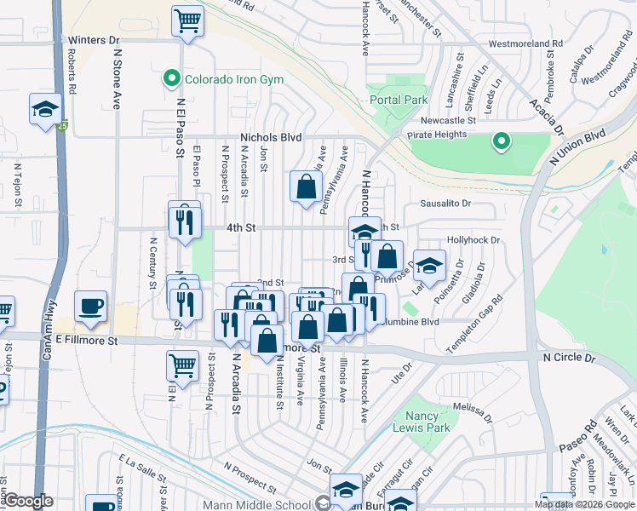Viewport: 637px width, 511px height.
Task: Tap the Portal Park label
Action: [399, 100]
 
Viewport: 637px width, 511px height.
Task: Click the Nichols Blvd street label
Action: [272, 136]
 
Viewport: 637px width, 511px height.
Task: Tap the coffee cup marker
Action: [90, 306]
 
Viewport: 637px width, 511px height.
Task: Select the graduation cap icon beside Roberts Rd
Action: [45, 108]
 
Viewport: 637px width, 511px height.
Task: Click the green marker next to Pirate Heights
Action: [502, 141]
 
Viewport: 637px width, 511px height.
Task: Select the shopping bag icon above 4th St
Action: [306, 187]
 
